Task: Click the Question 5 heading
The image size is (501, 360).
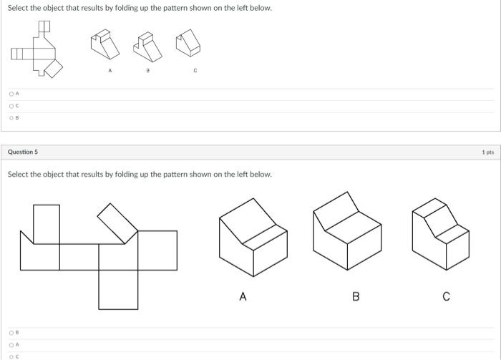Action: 23,152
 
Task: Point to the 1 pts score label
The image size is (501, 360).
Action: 487,152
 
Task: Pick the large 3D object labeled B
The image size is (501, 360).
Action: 349,230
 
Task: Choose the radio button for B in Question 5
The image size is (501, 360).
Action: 11,333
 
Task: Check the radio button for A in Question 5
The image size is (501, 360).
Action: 11,344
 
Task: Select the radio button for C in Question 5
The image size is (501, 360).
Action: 11,356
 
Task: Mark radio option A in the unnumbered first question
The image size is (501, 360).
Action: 11,94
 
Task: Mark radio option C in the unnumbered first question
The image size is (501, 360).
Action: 11,106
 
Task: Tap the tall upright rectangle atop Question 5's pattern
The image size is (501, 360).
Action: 47,223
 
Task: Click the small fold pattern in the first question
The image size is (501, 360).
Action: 39,50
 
